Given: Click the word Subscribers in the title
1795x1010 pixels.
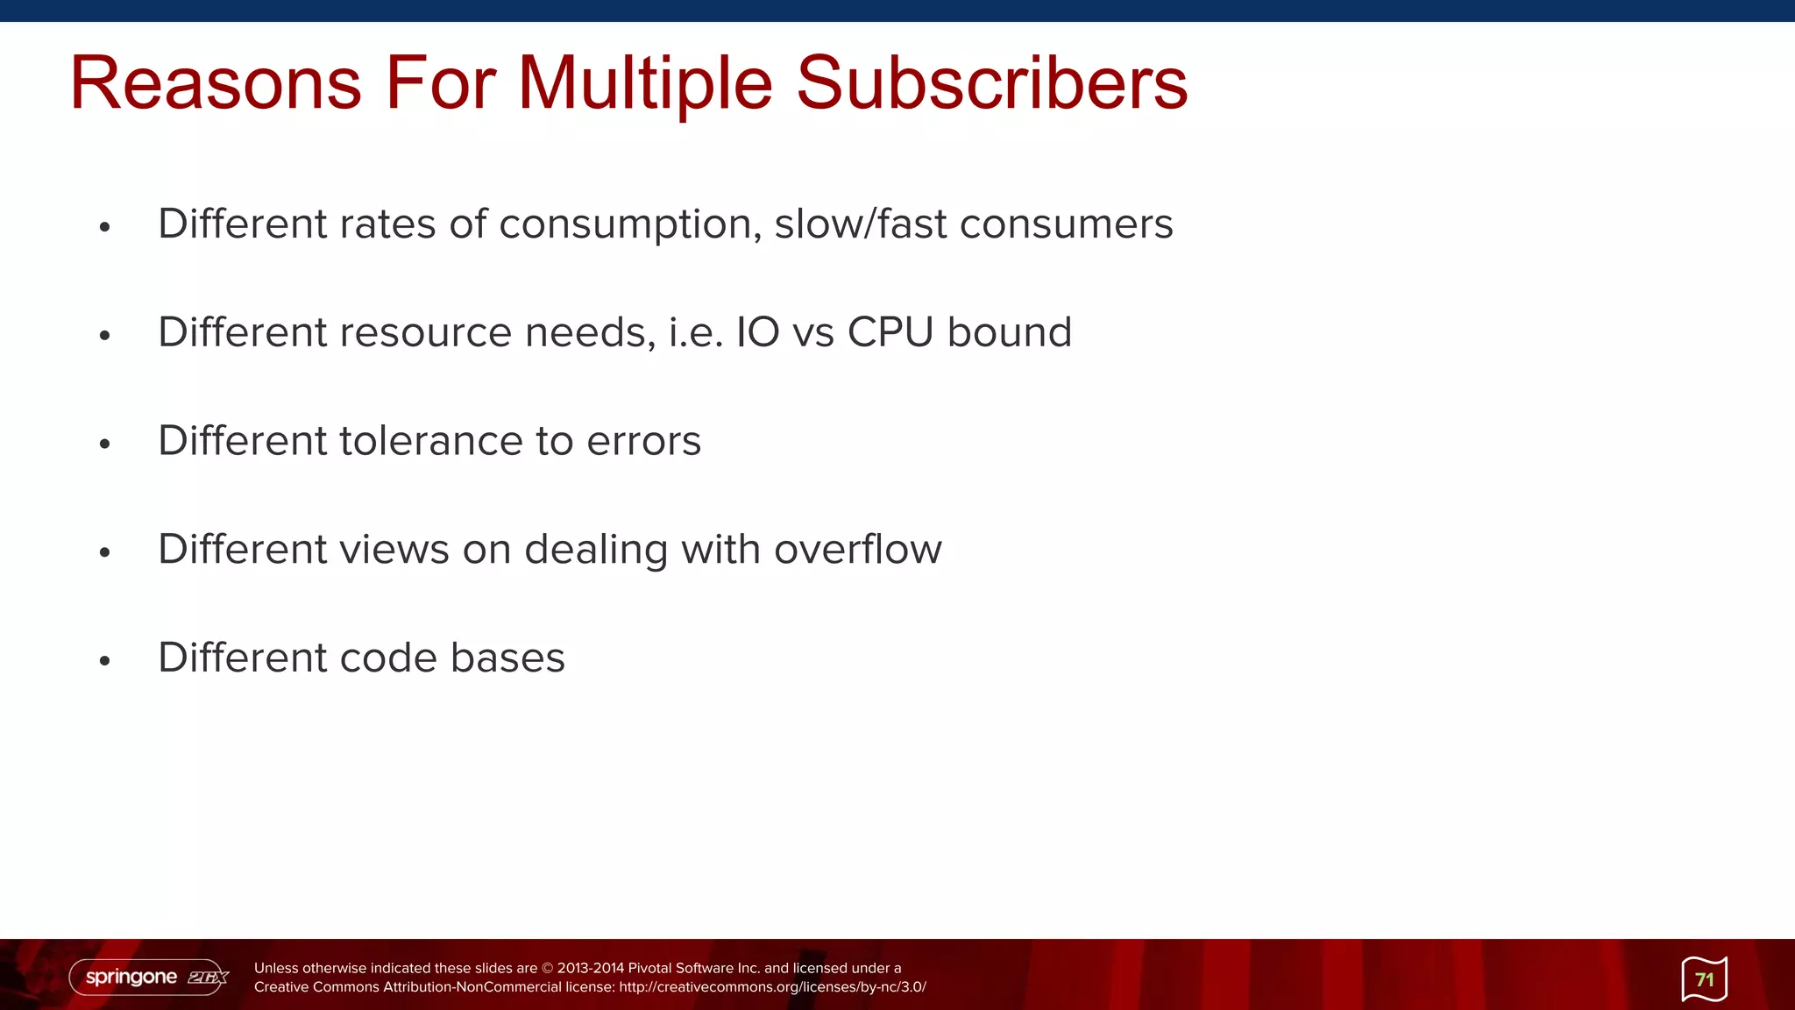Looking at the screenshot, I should (991, 83).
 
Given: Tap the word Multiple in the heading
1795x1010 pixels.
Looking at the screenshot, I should (645, 85).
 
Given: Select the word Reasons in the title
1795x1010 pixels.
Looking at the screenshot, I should (216, 83).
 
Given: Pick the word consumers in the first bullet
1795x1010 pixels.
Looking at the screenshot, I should (1066, 224).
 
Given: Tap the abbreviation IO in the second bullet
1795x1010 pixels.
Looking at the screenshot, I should (757, 332).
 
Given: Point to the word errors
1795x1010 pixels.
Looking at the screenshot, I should (643, 441).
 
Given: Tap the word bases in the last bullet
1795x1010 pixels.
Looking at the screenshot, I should (507, 658).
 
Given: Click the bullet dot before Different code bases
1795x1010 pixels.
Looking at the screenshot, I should (105, 661).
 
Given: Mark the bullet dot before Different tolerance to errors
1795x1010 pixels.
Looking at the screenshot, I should (105, 445).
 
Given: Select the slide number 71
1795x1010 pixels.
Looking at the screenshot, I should (1704, 979).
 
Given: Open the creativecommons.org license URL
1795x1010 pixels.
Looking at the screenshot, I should (772, 987).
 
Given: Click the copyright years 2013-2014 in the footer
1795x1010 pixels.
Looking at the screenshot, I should (590, 968).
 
